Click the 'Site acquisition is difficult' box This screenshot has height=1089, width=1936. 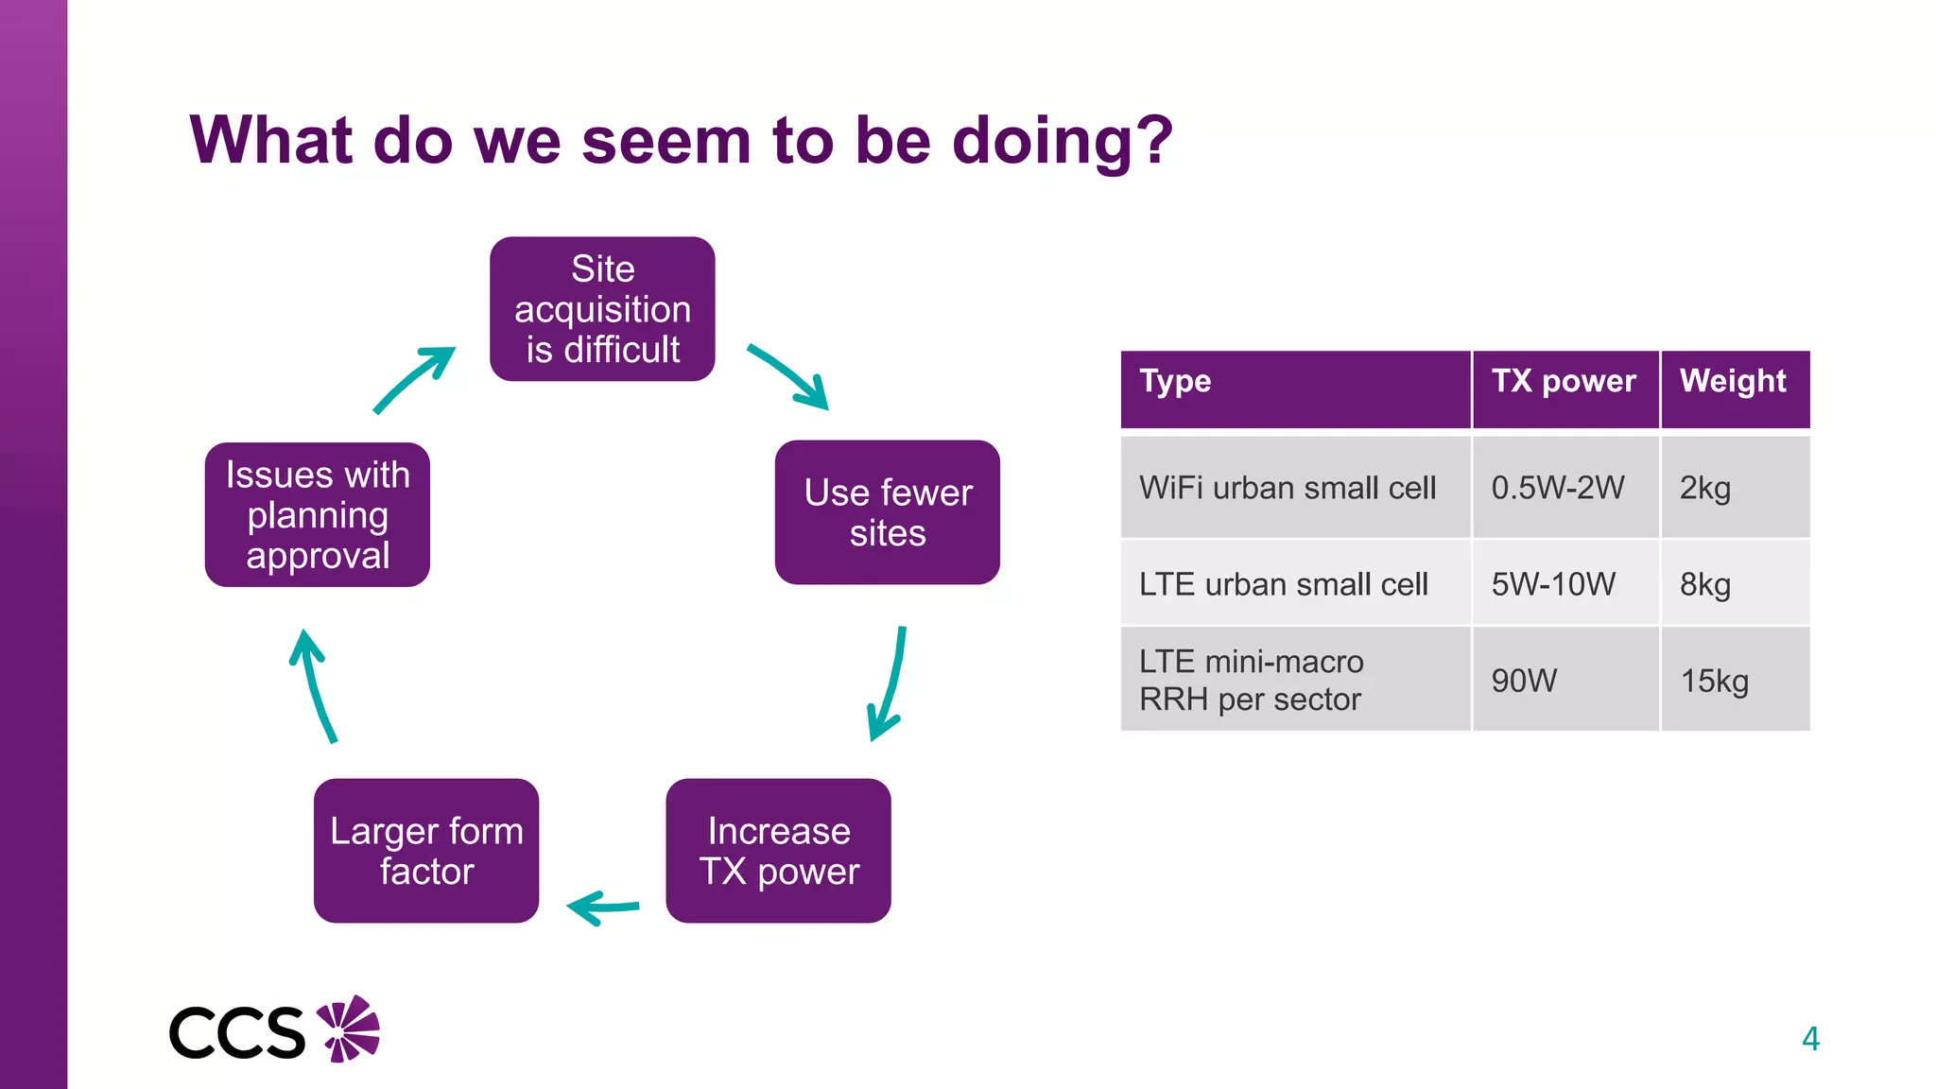[602, 309]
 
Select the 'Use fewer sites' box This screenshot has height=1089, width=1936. [887, 512]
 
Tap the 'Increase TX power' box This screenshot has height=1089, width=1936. [778, 851]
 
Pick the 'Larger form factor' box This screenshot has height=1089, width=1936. [426, 851]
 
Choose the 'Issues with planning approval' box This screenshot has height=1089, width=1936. [318, 515]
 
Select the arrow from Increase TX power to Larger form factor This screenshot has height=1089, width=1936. [603, 907]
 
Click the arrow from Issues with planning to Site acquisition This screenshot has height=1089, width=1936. [413, 379]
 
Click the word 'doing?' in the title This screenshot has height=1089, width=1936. [1063, 142]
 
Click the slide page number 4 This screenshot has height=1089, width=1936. [1810, 1039]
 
